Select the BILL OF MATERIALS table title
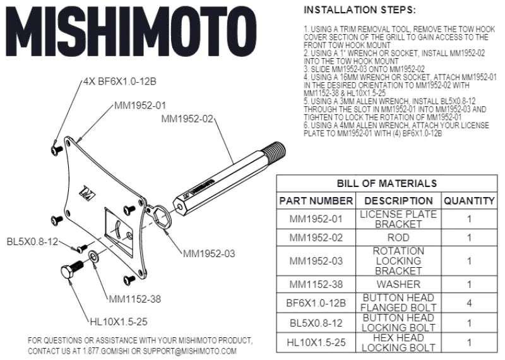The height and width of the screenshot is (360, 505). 386,183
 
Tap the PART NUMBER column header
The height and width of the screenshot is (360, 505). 316,201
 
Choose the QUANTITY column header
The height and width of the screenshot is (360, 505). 468,201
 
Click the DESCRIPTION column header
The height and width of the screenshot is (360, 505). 398,201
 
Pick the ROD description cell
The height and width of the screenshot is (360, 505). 398,238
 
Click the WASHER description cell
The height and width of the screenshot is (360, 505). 398,284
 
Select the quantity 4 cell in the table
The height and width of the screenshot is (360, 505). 468,303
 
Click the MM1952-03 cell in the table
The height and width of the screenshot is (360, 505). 316,261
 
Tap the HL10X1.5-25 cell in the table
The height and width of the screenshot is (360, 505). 316,342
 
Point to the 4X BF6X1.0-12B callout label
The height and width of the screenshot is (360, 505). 119,82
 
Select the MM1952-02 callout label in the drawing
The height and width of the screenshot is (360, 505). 187,118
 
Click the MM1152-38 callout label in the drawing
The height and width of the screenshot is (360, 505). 134,299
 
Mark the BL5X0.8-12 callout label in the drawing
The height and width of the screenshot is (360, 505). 32,242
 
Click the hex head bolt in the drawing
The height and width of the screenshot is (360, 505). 70,273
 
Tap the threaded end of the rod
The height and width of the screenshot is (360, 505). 275,150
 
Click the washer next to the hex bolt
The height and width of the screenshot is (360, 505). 94,256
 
